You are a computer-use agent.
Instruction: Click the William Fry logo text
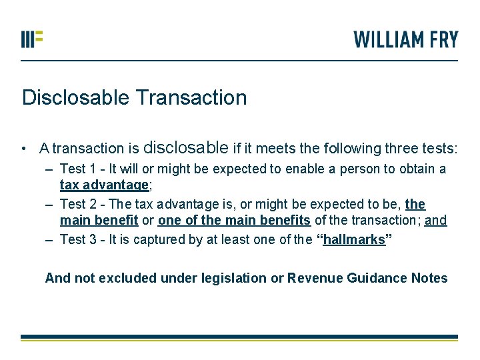[406, 39]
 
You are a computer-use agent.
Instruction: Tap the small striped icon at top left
[32, 38]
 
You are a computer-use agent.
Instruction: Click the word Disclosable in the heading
[75, 98]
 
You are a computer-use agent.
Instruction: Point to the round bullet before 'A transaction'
[23, 148]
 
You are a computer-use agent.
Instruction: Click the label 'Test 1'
[77, 169]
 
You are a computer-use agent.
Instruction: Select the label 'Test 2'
[77, 204]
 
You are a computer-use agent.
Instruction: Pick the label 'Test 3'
[77, 240]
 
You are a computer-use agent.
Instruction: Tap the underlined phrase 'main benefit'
[99, 221]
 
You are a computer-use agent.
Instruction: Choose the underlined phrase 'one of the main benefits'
[234, 221]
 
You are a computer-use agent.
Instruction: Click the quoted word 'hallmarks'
[353, 240]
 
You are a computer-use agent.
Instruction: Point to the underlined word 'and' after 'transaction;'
[435, 221]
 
